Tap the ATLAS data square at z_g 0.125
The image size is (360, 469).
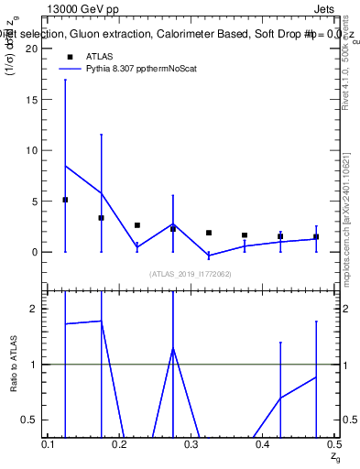[x=65, y=200]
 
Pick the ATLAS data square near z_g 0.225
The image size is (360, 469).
[x=137, y=225]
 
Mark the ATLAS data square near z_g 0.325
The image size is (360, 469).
[x=209, y=233]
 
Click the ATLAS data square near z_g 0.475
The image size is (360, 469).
[x=316, y=237]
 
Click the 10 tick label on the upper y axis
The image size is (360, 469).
[x=30, y=150]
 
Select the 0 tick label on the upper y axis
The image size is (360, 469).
[x=33, y=252]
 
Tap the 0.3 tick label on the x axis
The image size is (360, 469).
[x=191, y=444]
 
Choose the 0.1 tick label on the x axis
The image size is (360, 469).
[x=49, y=444]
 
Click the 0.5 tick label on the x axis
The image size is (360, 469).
[x=333, y=444]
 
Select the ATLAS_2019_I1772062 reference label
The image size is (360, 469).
[x=191, y=274]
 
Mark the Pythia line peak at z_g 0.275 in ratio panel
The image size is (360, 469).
[x=173, y=348]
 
